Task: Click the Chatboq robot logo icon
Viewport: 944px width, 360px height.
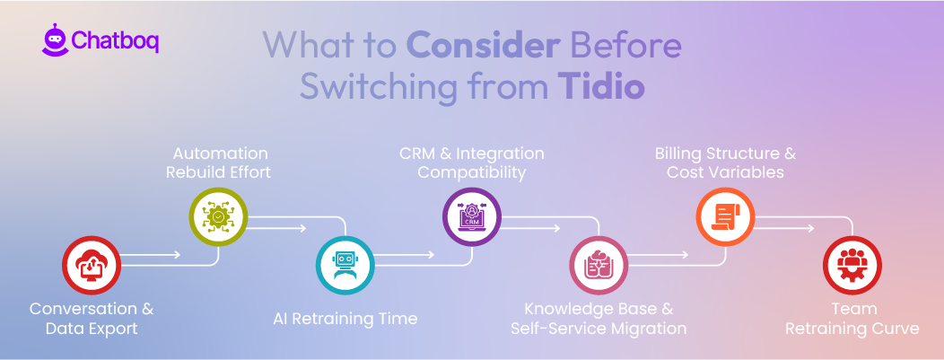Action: click(x=54, y=40)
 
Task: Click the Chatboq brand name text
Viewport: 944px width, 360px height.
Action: click(x=115, y=41)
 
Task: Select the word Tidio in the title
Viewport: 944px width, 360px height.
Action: click(x=600, y=87)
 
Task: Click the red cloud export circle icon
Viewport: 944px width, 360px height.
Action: click(x=91, y=266)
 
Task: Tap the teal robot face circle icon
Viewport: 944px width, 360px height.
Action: click(x=345, y=266)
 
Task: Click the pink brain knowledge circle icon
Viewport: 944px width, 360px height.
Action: click(x=599, y=266)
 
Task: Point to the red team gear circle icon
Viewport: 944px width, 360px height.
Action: click(x=852, y=266)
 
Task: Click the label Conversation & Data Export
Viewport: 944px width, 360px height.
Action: click(x=91, y=319)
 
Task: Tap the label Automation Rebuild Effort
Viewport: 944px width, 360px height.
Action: click(x=220, y=162)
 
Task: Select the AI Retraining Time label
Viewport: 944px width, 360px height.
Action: click(x=345, y=318)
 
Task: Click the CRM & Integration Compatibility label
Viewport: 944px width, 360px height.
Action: click(x=472, y=162)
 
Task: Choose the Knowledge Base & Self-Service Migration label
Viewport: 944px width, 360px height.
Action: click(x=599, y=319)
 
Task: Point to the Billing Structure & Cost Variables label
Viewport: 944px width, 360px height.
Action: click(x=725, y=162)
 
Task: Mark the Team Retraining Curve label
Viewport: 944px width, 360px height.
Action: click(x=852, y=319)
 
